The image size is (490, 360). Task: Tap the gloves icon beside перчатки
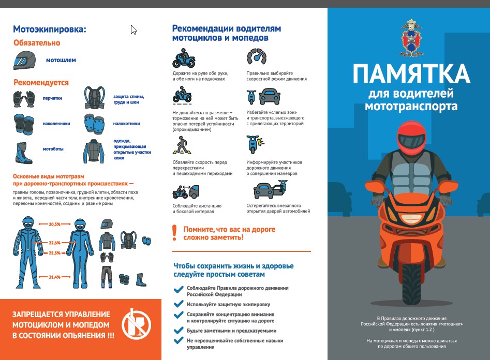point(24,98)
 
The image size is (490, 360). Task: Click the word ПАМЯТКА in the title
point(411,73)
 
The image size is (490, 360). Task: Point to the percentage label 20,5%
point(54,224)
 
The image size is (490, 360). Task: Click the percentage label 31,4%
point(54,277)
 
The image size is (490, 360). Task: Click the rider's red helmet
point(411,139)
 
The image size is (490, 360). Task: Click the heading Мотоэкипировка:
point(50,29)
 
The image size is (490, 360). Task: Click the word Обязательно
point(37,43)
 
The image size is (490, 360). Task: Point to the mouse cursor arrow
point(133,29)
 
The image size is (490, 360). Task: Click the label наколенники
point(56,124)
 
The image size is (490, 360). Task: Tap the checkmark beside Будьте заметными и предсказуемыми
point(179,329)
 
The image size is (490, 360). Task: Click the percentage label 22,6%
point(54,242)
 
